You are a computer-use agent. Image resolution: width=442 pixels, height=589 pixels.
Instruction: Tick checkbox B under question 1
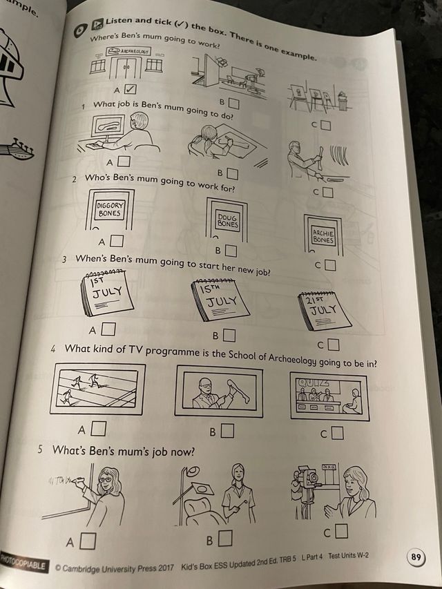(233, 174)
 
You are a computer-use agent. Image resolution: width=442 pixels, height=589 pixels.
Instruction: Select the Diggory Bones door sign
(108, 209)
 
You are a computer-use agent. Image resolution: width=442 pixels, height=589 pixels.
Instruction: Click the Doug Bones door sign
(227, 220)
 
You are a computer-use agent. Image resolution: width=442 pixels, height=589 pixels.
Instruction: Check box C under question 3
(334, 344)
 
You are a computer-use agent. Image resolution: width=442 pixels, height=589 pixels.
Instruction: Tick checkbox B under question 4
(227, 431)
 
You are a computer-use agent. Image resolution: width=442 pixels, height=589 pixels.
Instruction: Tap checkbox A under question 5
(87, 541)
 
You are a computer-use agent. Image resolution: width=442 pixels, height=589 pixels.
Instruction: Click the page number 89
(415, 557)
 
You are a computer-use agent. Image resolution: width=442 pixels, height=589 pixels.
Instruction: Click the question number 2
(74, 180)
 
